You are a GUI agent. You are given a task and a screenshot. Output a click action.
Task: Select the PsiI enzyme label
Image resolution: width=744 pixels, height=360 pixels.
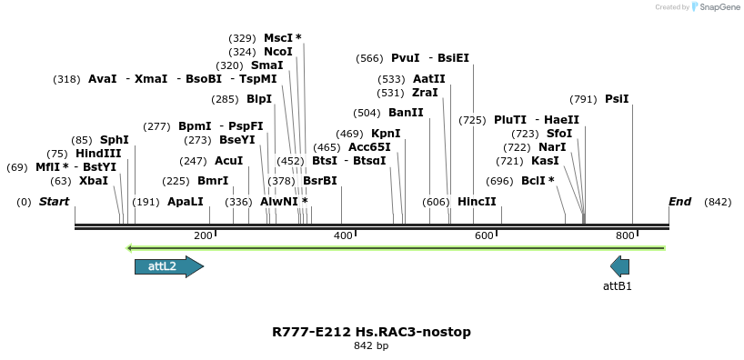coord(617,99)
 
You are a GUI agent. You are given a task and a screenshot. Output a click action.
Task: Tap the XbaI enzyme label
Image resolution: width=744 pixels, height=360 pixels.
coord(94,181)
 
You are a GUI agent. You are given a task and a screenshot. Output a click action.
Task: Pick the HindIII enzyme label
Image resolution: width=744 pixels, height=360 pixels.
coord(98,154)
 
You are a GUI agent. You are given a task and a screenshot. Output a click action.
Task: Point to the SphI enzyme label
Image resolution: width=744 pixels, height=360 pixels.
coord(115,140)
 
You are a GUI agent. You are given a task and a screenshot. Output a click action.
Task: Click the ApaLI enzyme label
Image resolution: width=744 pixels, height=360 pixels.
coord(186,202)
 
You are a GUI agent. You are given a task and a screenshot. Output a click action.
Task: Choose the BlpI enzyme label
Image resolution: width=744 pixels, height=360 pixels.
coord(259,99)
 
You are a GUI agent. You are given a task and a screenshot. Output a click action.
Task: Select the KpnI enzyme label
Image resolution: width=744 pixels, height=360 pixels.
coord(386,134)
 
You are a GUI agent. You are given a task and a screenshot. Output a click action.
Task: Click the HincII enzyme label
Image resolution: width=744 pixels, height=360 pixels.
coord(477,202)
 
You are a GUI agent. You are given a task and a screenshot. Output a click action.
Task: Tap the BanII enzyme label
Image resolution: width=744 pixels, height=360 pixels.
coord(406,113)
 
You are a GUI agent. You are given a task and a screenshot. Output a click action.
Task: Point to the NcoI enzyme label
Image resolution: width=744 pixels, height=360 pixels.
coord(278,52)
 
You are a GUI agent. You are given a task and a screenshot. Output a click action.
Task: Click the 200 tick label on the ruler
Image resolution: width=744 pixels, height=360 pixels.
coord(203,236)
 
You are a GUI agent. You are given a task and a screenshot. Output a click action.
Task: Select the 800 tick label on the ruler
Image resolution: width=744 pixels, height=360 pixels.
coord(625,236)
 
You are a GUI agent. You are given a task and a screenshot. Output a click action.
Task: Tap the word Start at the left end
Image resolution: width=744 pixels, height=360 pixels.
coord(54,202)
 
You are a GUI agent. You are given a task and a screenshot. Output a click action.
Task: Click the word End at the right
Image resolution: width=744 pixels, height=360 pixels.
coord(679,202)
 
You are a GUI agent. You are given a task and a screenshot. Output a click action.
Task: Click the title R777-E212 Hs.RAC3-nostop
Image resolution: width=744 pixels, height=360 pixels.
coord(371,332)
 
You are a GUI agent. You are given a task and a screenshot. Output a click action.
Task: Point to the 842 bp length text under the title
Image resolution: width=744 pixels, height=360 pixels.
coord(371,346)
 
